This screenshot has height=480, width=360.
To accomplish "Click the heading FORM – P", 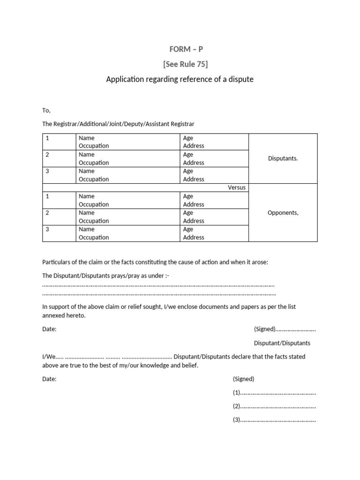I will coord(180,49).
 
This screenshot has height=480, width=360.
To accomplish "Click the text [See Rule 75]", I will coord(180,64).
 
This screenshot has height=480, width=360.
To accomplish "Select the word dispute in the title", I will coord(240,79).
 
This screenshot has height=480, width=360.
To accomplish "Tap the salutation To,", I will coord(46,110).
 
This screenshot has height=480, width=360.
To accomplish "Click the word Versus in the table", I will coord(236,187).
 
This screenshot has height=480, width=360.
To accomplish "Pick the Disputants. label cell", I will coord(283,158).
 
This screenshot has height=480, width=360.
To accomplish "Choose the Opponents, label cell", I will coord(283,213).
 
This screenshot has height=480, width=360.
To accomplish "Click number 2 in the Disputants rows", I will coord(47,155).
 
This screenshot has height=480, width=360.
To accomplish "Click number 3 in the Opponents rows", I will coord(47,229).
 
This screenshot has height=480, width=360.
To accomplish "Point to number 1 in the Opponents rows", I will coord(47,196).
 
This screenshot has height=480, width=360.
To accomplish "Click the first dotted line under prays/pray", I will coord(158,285).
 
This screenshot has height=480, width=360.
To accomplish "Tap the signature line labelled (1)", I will coord(274,393).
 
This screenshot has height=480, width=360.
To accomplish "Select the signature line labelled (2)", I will coord(274,406).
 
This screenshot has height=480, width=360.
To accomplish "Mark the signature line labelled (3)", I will coord(274,420).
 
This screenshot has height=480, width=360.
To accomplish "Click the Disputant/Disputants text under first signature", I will coord(282,343).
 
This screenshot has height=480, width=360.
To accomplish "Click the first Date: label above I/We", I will coord(49,329).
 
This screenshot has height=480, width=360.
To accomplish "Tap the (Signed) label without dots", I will coord(243,379).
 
